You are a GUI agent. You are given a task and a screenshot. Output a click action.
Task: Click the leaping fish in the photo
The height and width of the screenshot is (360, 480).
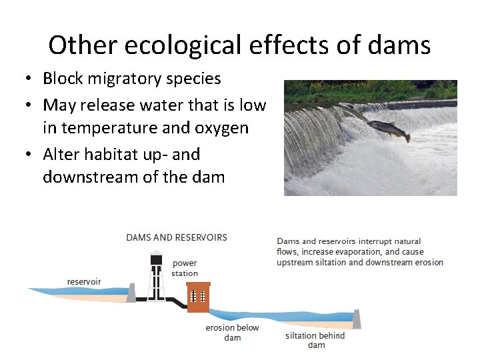click(x=389, y=128)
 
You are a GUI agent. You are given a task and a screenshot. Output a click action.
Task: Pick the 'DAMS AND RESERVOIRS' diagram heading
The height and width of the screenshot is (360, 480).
click(x=177, y=237)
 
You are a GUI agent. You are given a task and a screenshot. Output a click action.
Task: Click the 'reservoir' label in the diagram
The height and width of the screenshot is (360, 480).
click(x=84, y=281)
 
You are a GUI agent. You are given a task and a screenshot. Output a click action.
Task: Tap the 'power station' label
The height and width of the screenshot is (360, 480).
click(x=185, y=268)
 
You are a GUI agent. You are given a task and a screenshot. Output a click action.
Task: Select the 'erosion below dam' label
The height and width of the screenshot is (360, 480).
click(x=232, y=333)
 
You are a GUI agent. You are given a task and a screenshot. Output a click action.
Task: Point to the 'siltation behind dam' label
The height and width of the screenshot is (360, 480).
click(x=315, y=340)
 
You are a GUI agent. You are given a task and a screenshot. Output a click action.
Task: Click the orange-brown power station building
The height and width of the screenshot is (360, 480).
click(x=198, y=297)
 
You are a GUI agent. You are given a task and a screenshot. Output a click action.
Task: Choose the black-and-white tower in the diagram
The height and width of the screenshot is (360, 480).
click(x=156, y=278)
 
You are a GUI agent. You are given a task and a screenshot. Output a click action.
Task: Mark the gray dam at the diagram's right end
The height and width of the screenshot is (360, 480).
click(x=357, y=319)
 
